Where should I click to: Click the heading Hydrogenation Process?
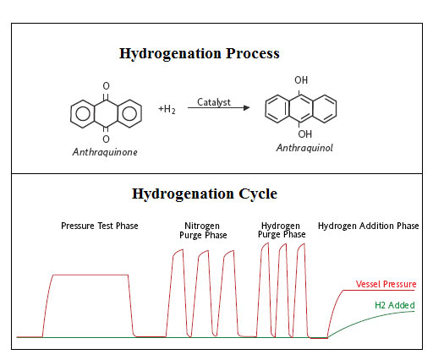200,53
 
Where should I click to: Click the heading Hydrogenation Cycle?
205,194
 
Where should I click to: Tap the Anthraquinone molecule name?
105,152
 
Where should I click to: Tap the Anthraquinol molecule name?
304,148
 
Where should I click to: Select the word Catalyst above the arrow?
214,102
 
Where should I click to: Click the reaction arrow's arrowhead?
247,107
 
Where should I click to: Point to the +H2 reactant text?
167,109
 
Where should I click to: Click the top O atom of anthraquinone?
106,86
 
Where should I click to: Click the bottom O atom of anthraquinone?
106,139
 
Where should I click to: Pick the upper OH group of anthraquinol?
301,80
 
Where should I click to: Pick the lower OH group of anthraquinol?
305,134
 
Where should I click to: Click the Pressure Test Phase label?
100,226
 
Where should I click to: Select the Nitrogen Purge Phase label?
203,231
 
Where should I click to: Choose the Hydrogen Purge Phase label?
282,230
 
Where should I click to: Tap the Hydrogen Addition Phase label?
368,226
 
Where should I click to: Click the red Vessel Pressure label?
386,284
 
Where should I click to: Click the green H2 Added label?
395,305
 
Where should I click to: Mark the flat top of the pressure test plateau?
90,275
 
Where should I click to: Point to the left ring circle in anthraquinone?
83,114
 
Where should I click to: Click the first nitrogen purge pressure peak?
178,252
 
